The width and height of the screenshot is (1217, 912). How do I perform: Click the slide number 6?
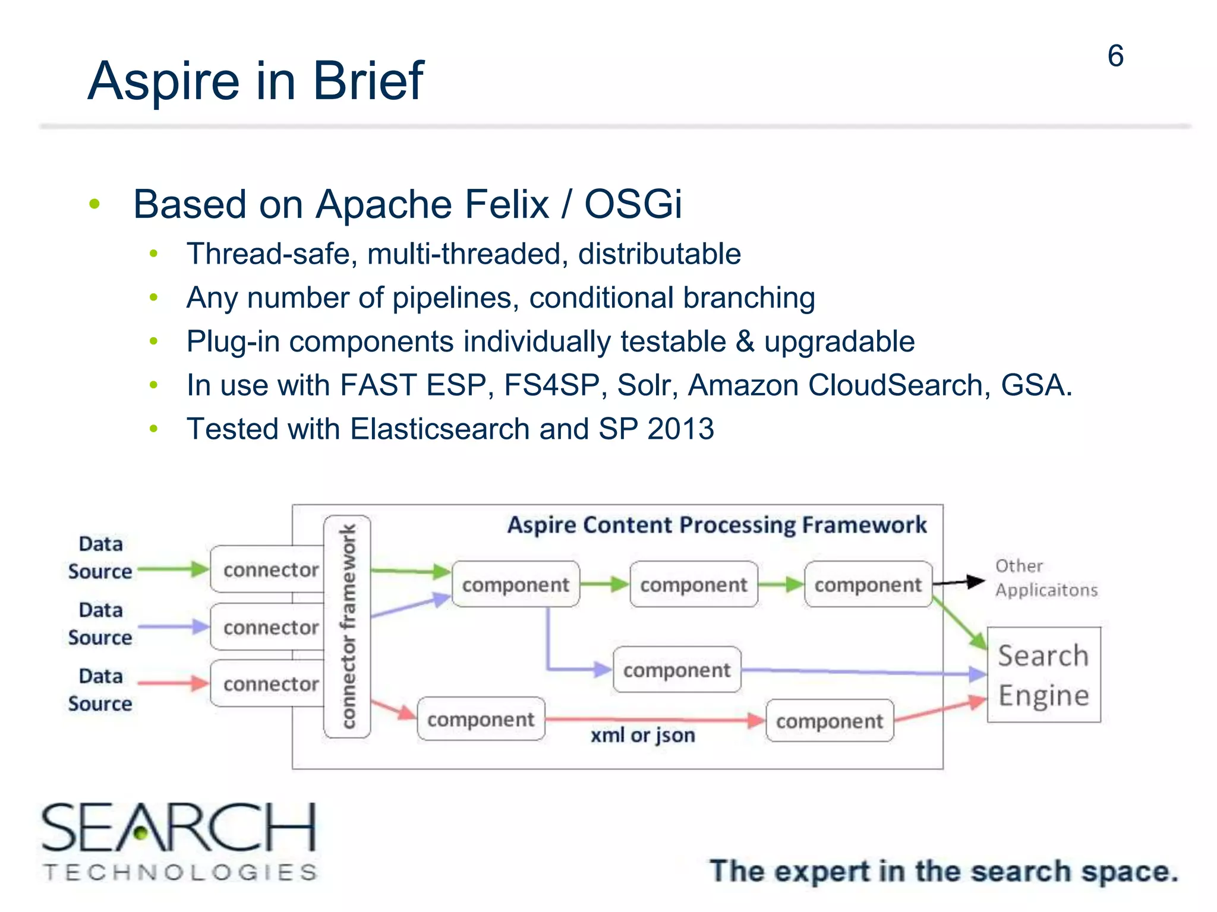click(1115, 56)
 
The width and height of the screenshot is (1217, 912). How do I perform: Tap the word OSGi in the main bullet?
click(632, 204)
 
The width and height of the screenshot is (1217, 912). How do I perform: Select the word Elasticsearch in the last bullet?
click(440, 429)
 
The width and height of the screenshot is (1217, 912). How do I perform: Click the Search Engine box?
click(1043, 674)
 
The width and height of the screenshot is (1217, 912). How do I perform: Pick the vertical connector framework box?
click(347, 626)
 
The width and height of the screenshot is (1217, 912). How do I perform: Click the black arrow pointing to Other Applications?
click(959, 582)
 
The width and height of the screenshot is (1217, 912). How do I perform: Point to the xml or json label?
click(642, 735)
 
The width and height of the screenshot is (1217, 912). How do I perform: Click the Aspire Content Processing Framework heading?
click(716, 525)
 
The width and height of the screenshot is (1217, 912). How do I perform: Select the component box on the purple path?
click(676, 670)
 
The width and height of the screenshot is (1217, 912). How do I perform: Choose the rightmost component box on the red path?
click(830, 721)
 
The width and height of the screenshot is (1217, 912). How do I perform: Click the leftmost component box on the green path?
click(515, 585)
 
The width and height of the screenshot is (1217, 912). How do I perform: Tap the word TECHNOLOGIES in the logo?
click(180, 872)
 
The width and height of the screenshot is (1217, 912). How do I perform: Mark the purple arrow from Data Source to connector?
click(172, 626)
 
